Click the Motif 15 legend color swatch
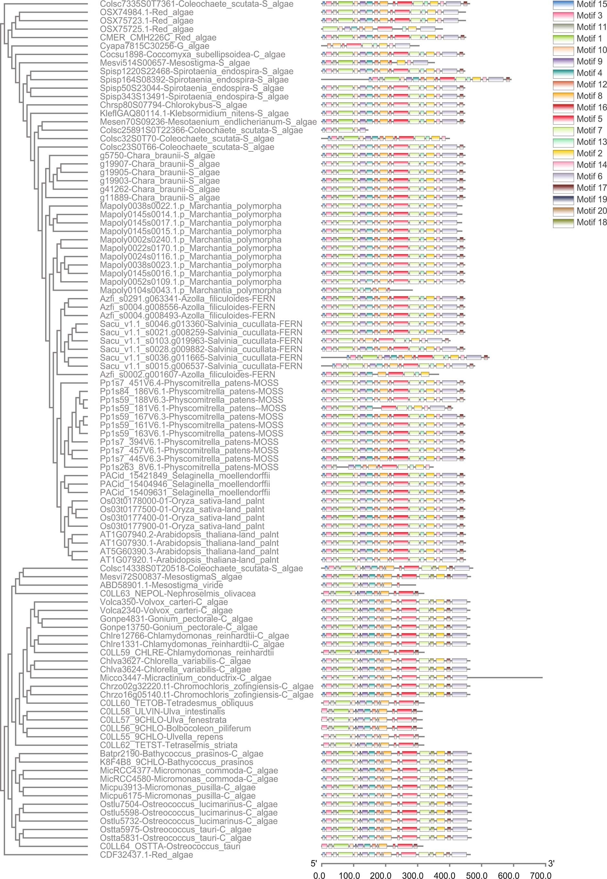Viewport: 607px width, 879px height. click(x=563, y=5)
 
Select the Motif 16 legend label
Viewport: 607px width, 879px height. click(x=591, y=108)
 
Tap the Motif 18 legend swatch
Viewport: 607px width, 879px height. click(x=563, y=223)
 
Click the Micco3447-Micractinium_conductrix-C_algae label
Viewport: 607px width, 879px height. click(x=186, y=678)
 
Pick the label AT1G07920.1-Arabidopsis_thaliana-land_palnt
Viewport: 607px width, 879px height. click(x=189, y=560)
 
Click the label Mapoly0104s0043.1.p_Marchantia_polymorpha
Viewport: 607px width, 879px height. click(x=190, y=290)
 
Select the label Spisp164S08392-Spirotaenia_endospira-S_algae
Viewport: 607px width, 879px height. click(x=194, y=80)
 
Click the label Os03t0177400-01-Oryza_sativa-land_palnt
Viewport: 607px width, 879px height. click(x=182, y=518)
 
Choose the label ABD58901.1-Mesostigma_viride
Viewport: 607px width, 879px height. click(x=161, y=585)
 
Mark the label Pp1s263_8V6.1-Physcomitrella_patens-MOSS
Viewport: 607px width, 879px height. click(x=189, y=467)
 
